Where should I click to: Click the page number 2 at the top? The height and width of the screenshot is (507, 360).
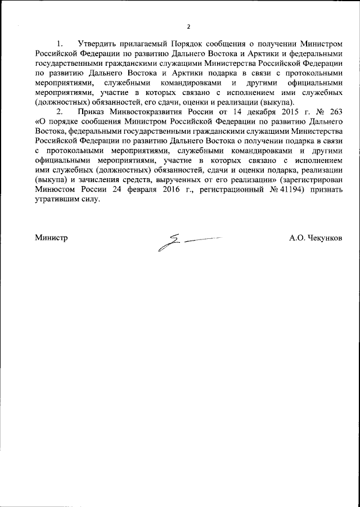(x=188, y=27)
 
